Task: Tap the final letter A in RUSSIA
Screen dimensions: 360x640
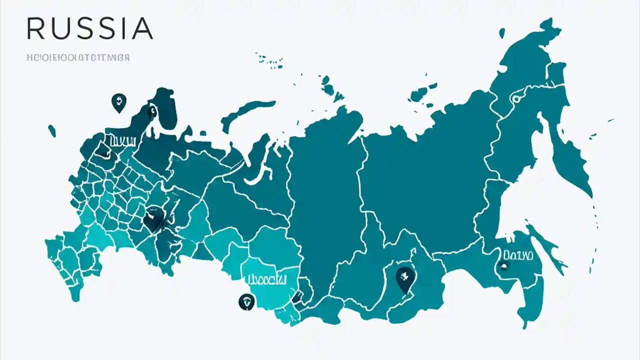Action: pos(142,28)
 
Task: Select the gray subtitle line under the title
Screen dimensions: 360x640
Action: pos(78,58)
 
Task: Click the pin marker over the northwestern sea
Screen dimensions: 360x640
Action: pos(118,102)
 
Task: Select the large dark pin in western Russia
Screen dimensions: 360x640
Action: pos(153,220)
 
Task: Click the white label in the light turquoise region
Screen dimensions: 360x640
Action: pos(264,278)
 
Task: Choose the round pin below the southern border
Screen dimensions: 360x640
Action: pos(246,301)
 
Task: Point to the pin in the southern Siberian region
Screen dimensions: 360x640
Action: pos(404,278)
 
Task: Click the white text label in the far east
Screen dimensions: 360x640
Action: pos(518,255)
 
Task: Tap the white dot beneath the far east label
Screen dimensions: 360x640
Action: pos(503,266)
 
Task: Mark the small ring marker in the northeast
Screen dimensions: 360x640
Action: pos(515,98)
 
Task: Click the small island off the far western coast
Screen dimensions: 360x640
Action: pos(52,131)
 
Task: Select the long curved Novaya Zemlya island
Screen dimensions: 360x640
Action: pos(245,113)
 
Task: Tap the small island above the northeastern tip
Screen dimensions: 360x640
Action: pos(502,33)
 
